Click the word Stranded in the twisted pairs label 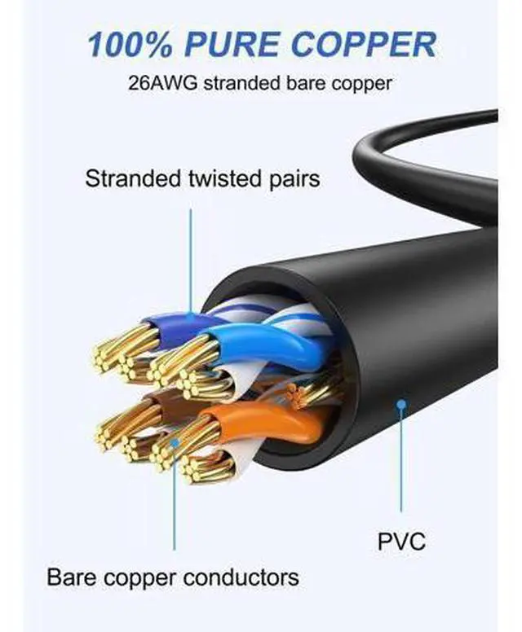(133, 178)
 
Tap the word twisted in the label (225, 178)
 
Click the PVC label (401, 542)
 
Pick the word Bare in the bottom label (72, 577)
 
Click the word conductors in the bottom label (241, 577)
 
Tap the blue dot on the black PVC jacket (400, 404)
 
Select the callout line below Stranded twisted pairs (191, 261)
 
